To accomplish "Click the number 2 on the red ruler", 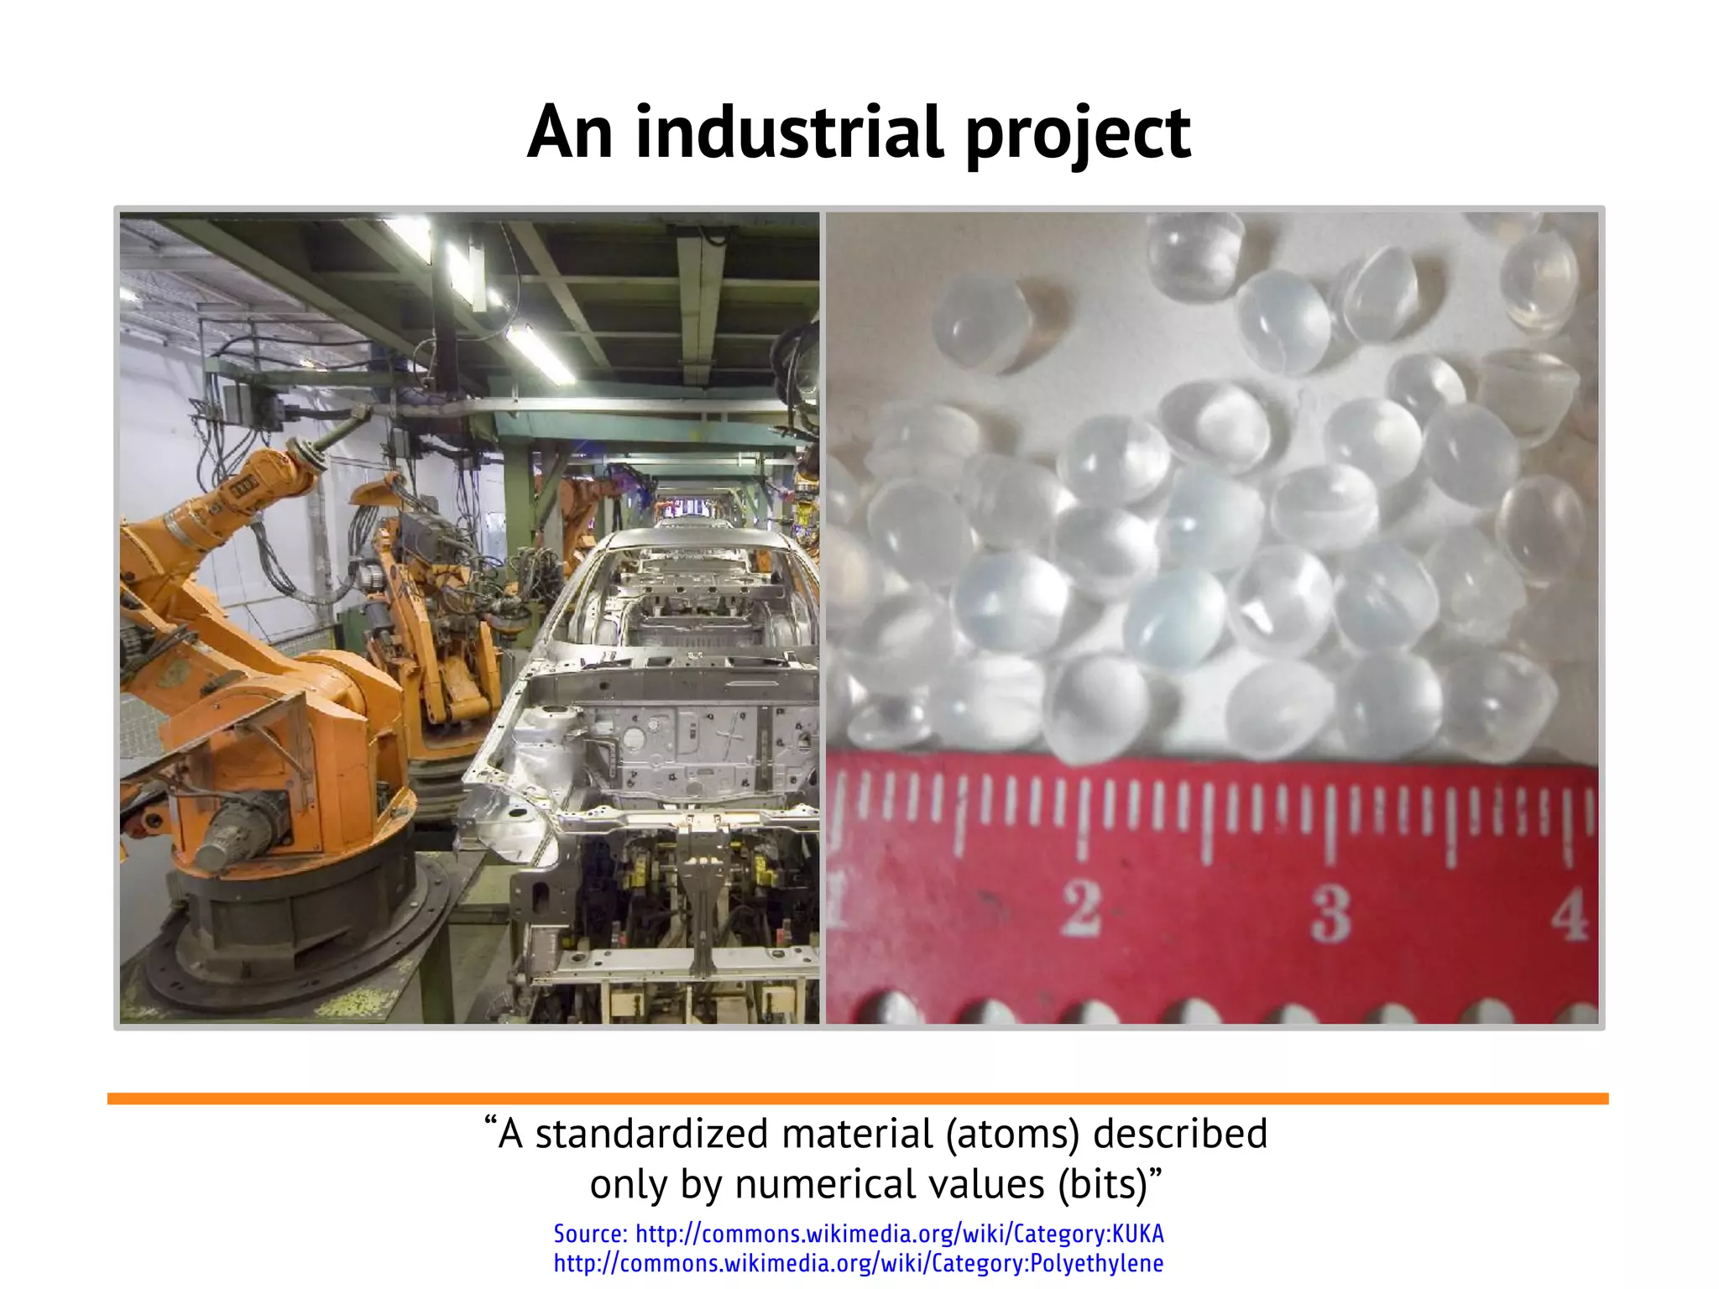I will point(1082,908).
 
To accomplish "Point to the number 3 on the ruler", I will point(1332,912).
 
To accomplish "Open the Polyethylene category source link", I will point(858,1263).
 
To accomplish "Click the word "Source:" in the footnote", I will point(590,1234).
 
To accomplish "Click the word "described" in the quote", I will point(1180,1134).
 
